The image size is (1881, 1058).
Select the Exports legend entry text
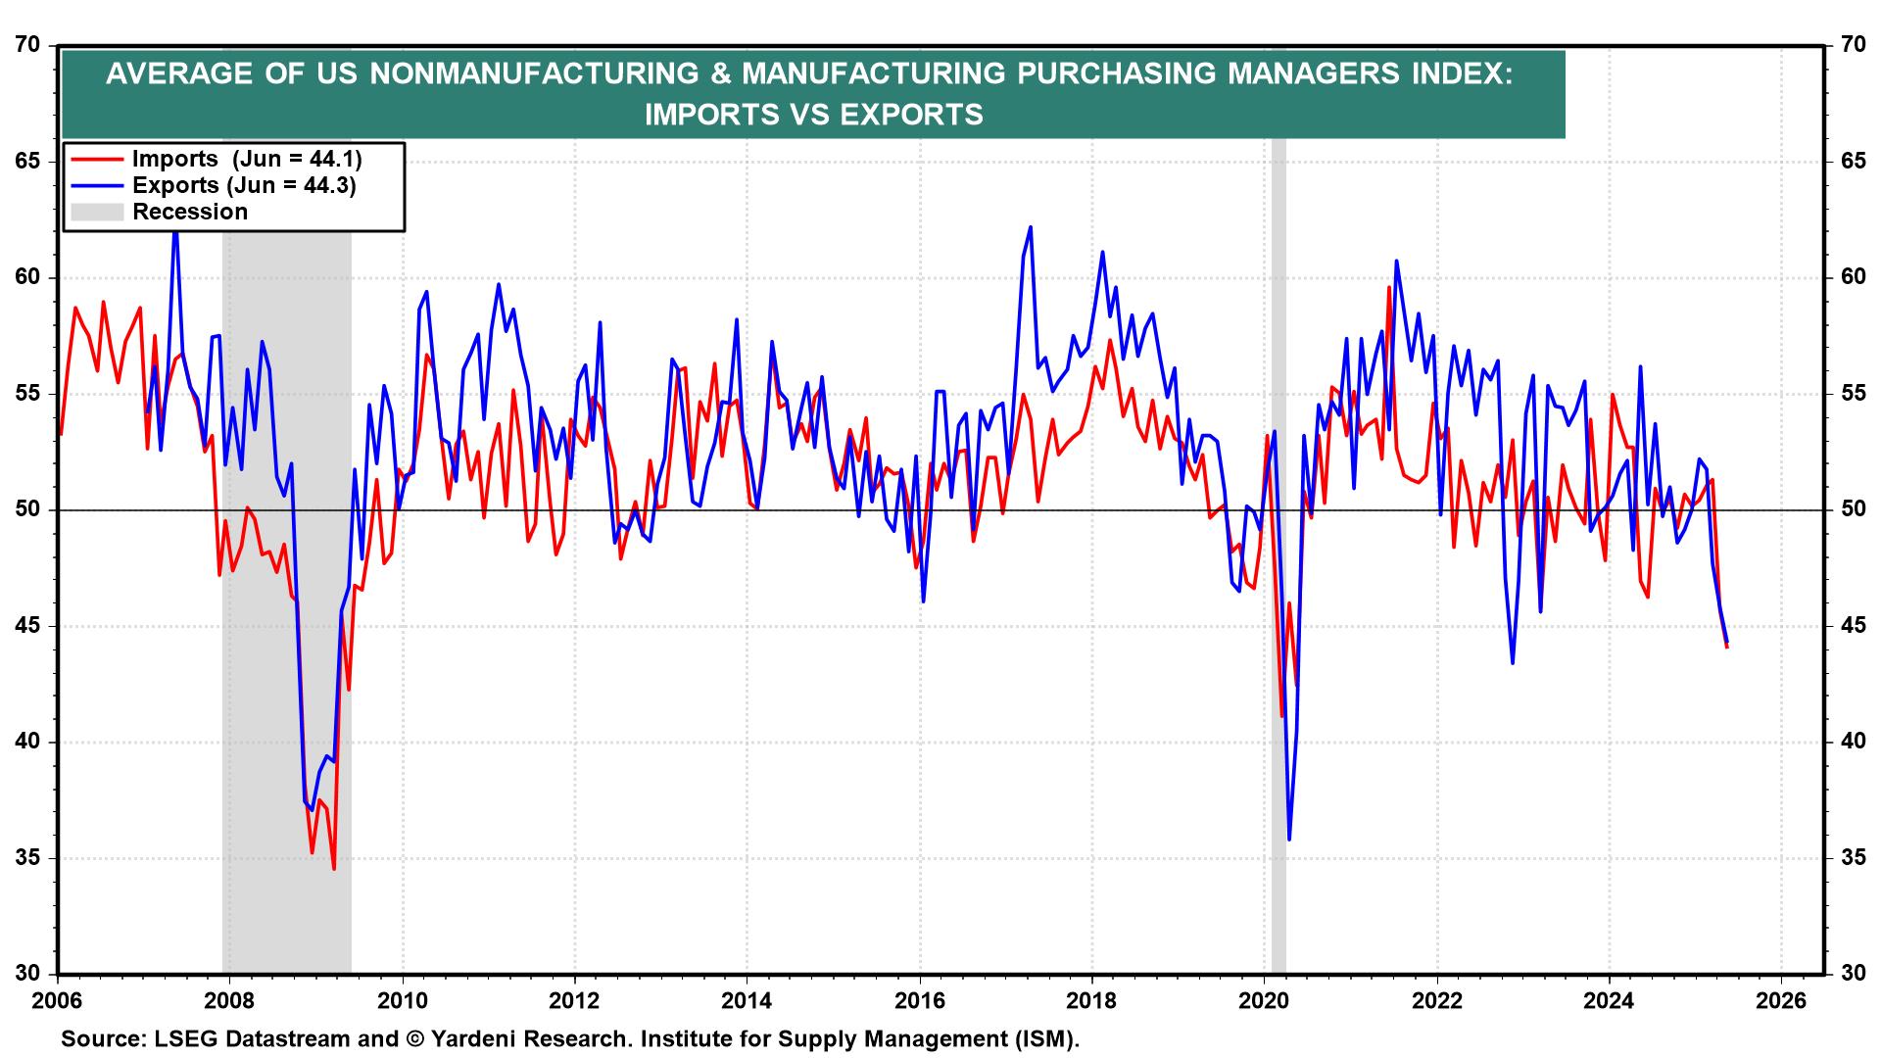[244, 185]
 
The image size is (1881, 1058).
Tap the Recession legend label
[190, 212]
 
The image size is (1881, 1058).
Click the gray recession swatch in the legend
[95, 212]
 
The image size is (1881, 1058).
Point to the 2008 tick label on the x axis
[228, 1002]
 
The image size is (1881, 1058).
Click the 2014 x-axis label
[746, 1002]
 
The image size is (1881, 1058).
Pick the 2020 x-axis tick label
[1264, 1002]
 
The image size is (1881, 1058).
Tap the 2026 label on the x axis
[1780, 1002]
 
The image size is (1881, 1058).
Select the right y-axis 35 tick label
[1852, 859]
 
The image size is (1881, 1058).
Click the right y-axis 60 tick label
[1852, 278]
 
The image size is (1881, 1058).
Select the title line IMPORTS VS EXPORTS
[813, 115]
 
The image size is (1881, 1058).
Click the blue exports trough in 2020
[1289, 839]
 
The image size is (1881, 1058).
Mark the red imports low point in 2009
[334, 868]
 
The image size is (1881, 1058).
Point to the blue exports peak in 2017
[1031, 227]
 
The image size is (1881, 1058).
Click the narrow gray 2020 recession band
[1278, 588]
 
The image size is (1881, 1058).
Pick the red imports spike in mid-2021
[1389, 288]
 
